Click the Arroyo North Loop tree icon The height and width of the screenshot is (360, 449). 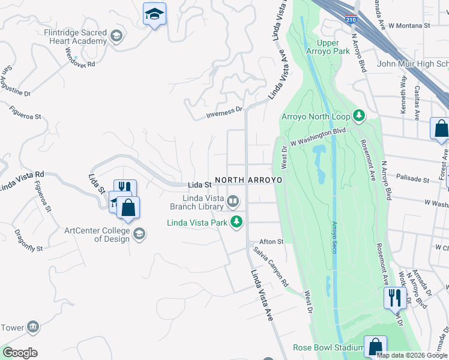[x=359, y=114]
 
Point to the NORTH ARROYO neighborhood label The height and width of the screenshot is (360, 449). [x=249, y=180]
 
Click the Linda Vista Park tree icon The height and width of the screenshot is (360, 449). [x=237, y=222]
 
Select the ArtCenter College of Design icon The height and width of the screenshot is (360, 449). [x=139, y=233]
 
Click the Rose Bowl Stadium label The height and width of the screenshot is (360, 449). [x=328, y=347]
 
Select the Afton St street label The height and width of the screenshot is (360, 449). [x=271, y=242]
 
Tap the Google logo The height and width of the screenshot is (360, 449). [x=19, y=353]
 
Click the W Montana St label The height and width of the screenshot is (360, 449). [x=409, y=26]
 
